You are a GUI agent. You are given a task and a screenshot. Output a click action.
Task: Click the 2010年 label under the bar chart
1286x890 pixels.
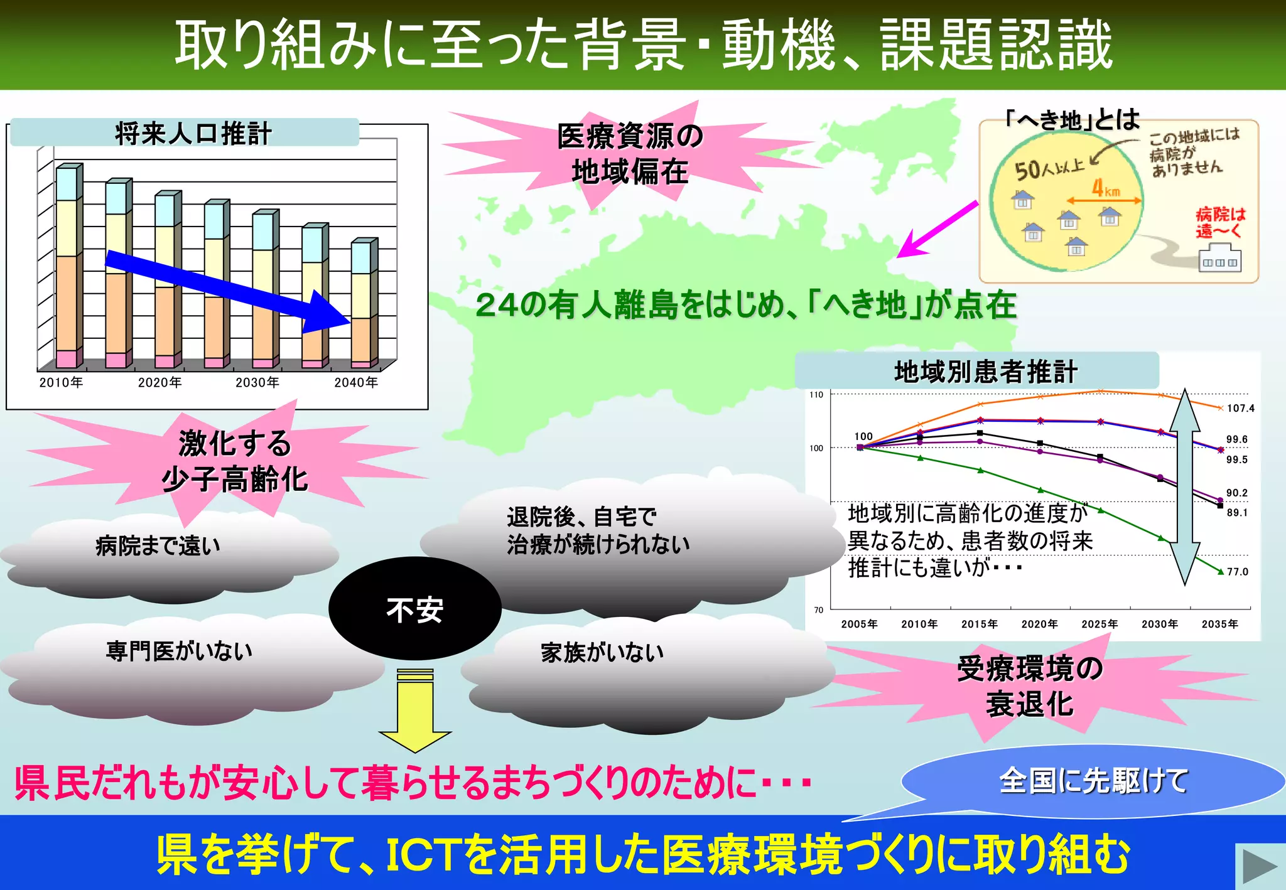click(61, 382)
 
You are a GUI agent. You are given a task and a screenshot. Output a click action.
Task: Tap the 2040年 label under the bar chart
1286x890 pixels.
click(356, 382)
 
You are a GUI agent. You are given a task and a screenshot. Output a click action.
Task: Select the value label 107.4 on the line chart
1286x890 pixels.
click(1240, 408)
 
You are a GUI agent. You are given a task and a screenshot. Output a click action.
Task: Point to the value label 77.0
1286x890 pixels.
click(1238, 572)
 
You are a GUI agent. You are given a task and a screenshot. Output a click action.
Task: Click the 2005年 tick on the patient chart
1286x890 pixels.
click(859, 624)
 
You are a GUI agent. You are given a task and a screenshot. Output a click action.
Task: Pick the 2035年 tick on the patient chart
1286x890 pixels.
click(1219, 624)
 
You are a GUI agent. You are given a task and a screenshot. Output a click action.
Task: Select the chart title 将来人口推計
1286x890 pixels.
click(193, 134)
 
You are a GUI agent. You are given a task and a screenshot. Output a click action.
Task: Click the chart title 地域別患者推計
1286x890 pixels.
click(985, 372)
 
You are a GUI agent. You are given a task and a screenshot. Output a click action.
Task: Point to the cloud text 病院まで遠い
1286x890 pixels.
click(158, 546)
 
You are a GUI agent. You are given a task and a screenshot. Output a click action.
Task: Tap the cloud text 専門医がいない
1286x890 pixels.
click(179, 651)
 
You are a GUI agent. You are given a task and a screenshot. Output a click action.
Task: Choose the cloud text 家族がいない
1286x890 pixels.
click(602, 653)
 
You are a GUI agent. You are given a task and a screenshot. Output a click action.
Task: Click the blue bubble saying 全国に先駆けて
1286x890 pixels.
click(1093, 781)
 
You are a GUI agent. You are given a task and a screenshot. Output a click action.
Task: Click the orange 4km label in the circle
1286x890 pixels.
click(1105, 188)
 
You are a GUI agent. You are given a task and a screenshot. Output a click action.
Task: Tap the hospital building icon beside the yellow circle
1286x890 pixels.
click(1219, 259)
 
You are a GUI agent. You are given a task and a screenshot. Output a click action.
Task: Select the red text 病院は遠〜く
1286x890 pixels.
click(1220, 222)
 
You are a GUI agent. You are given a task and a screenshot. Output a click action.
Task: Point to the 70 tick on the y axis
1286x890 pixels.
click(818, 609)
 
